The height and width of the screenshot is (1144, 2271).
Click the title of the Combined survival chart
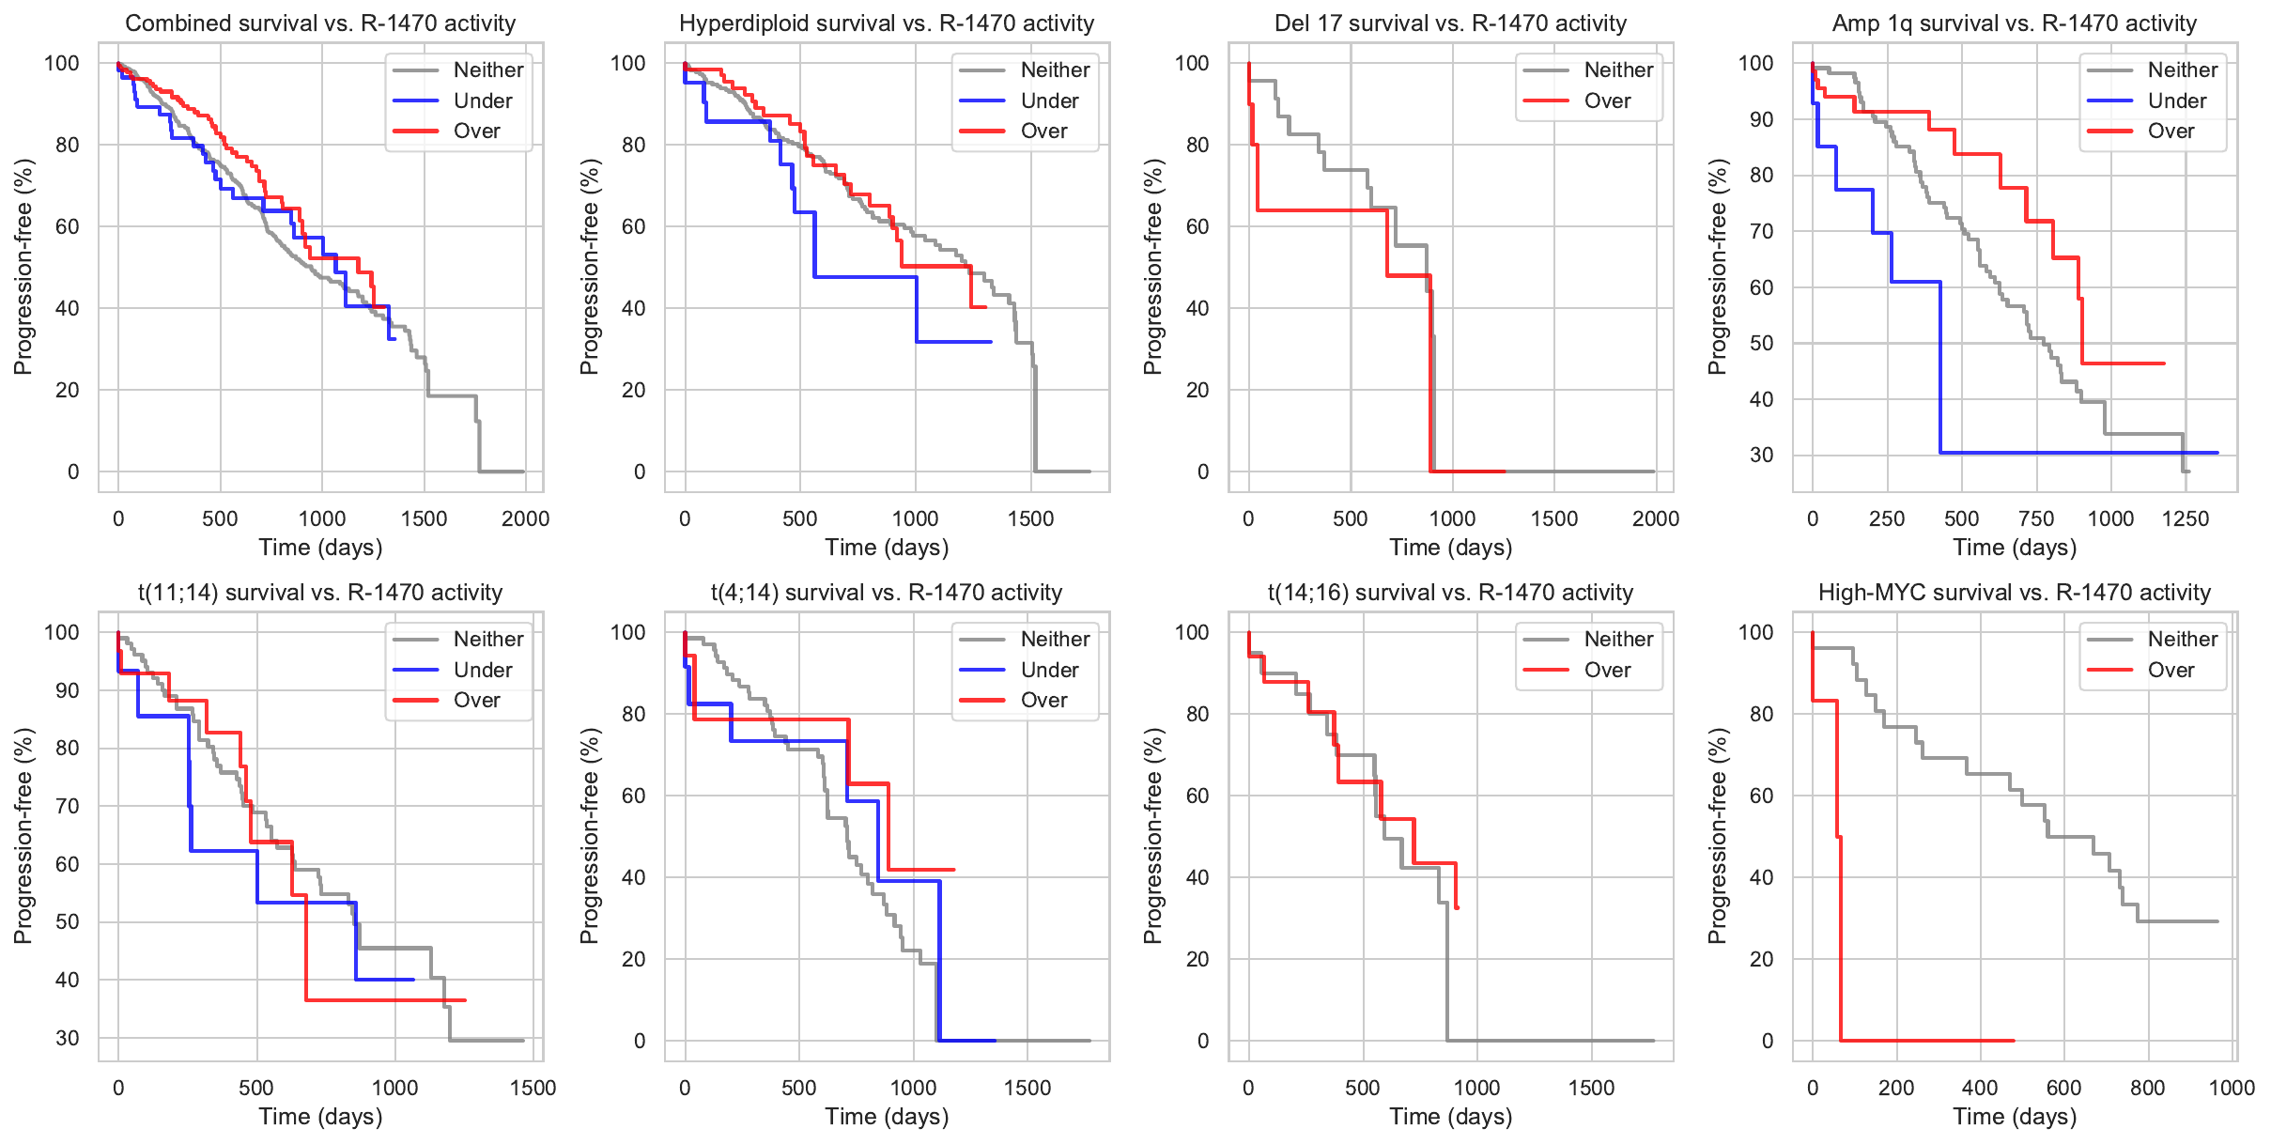pyautogui.click(x=320, y=23)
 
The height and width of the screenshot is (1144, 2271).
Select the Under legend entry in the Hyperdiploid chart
pyautogui.click(x=1049, y=100)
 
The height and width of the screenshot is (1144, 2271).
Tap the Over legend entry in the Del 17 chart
pyautogui.click(x=1607, y=100)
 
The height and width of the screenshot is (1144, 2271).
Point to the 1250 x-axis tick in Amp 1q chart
pyautogui.click(x=2185, y=518)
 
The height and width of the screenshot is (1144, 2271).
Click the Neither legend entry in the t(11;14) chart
pyautogui.click(x=488, y=639)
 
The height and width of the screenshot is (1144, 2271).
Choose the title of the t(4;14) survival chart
pyautogui.click(x=887, y=593)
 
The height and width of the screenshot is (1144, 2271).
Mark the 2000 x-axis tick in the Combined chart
pyautogui.click(x=525, y=518)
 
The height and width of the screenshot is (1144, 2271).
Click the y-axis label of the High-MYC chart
pyautogui.click(x=1717, y=836)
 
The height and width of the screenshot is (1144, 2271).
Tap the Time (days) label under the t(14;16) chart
pyautogui.click(x=1451, y=1116)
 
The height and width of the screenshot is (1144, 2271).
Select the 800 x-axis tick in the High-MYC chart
pyautogui.click(x=2148, y=1088)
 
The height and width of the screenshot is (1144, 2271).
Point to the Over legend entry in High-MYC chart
pyautogui.click(x=2171, y=670)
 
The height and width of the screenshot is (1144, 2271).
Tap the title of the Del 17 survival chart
pyautogui.click(x=1450, y=23)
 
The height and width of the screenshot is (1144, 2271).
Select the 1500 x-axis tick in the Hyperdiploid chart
pyautogui.click(x=1030, y=518)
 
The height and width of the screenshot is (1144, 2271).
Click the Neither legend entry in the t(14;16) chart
pyautogui.click(x=1618, y=639)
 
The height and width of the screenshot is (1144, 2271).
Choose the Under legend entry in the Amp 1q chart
pyautogui.click(x=2176, y=100)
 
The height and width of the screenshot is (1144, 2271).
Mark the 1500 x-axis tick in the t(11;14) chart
pyautogui.click(x=533, y=1088)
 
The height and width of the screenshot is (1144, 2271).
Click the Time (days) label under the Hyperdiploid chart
pyautogui.click(x=887, y=547)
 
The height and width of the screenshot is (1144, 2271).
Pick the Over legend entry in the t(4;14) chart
pyautogui.click(x=1043, y=700)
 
